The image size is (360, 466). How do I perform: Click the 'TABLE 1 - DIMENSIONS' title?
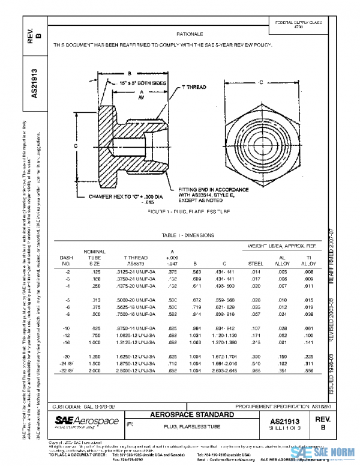(188, 235)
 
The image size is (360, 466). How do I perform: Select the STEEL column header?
(256, 263)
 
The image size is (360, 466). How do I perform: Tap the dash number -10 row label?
(67, 328)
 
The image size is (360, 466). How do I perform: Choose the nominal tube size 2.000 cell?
(95, 371)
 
